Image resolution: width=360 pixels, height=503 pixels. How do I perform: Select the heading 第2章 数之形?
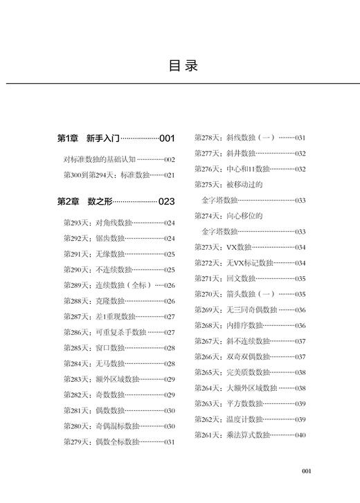tap(80, 202)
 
